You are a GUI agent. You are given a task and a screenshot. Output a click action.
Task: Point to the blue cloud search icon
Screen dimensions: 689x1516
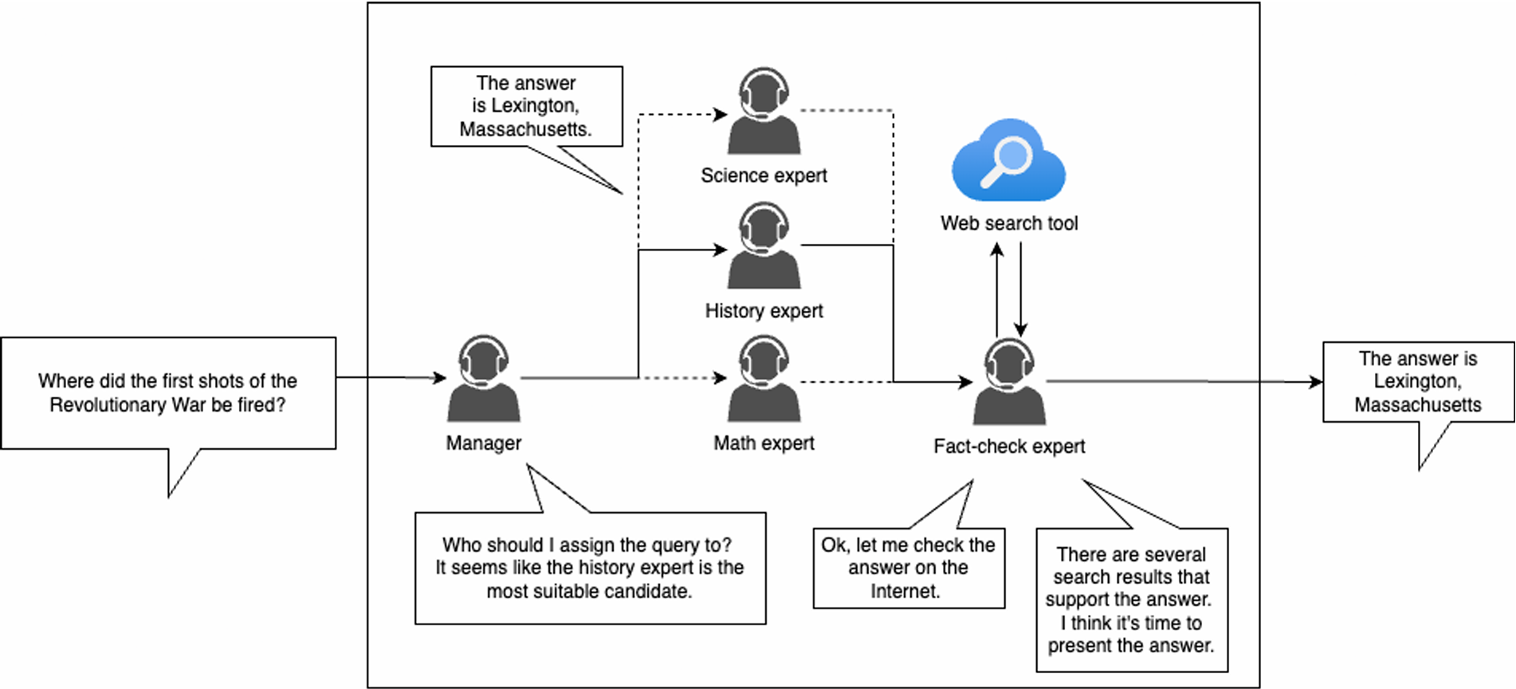click(1008, 160)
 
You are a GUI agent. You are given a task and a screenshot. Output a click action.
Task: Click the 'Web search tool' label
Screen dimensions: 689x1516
click(1009, 223)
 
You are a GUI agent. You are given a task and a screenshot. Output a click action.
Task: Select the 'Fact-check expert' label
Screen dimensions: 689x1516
click(1009, 447)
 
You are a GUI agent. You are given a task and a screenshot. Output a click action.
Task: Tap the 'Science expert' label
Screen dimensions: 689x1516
click(764, 175)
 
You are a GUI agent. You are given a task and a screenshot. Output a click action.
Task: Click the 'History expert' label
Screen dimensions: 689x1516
click(764, 311)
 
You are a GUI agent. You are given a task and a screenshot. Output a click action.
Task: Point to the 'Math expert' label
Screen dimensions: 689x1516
click(764, 443)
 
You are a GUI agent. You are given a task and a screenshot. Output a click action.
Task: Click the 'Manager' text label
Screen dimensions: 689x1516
click(483, 443)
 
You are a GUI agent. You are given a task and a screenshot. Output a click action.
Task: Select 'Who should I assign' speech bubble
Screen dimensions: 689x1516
click(590, 568)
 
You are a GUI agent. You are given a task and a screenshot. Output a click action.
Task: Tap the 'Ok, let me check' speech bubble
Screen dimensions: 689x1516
click(909, 568)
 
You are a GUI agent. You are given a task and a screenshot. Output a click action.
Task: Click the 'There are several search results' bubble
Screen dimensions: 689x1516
click(1132, 600)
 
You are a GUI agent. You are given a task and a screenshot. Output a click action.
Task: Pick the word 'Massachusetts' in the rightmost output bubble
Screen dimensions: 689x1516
click(1418, 405)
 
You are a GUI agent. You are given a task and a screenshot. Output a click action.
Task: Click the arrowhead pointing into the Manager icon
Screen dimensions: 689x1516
click(439, 378)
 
